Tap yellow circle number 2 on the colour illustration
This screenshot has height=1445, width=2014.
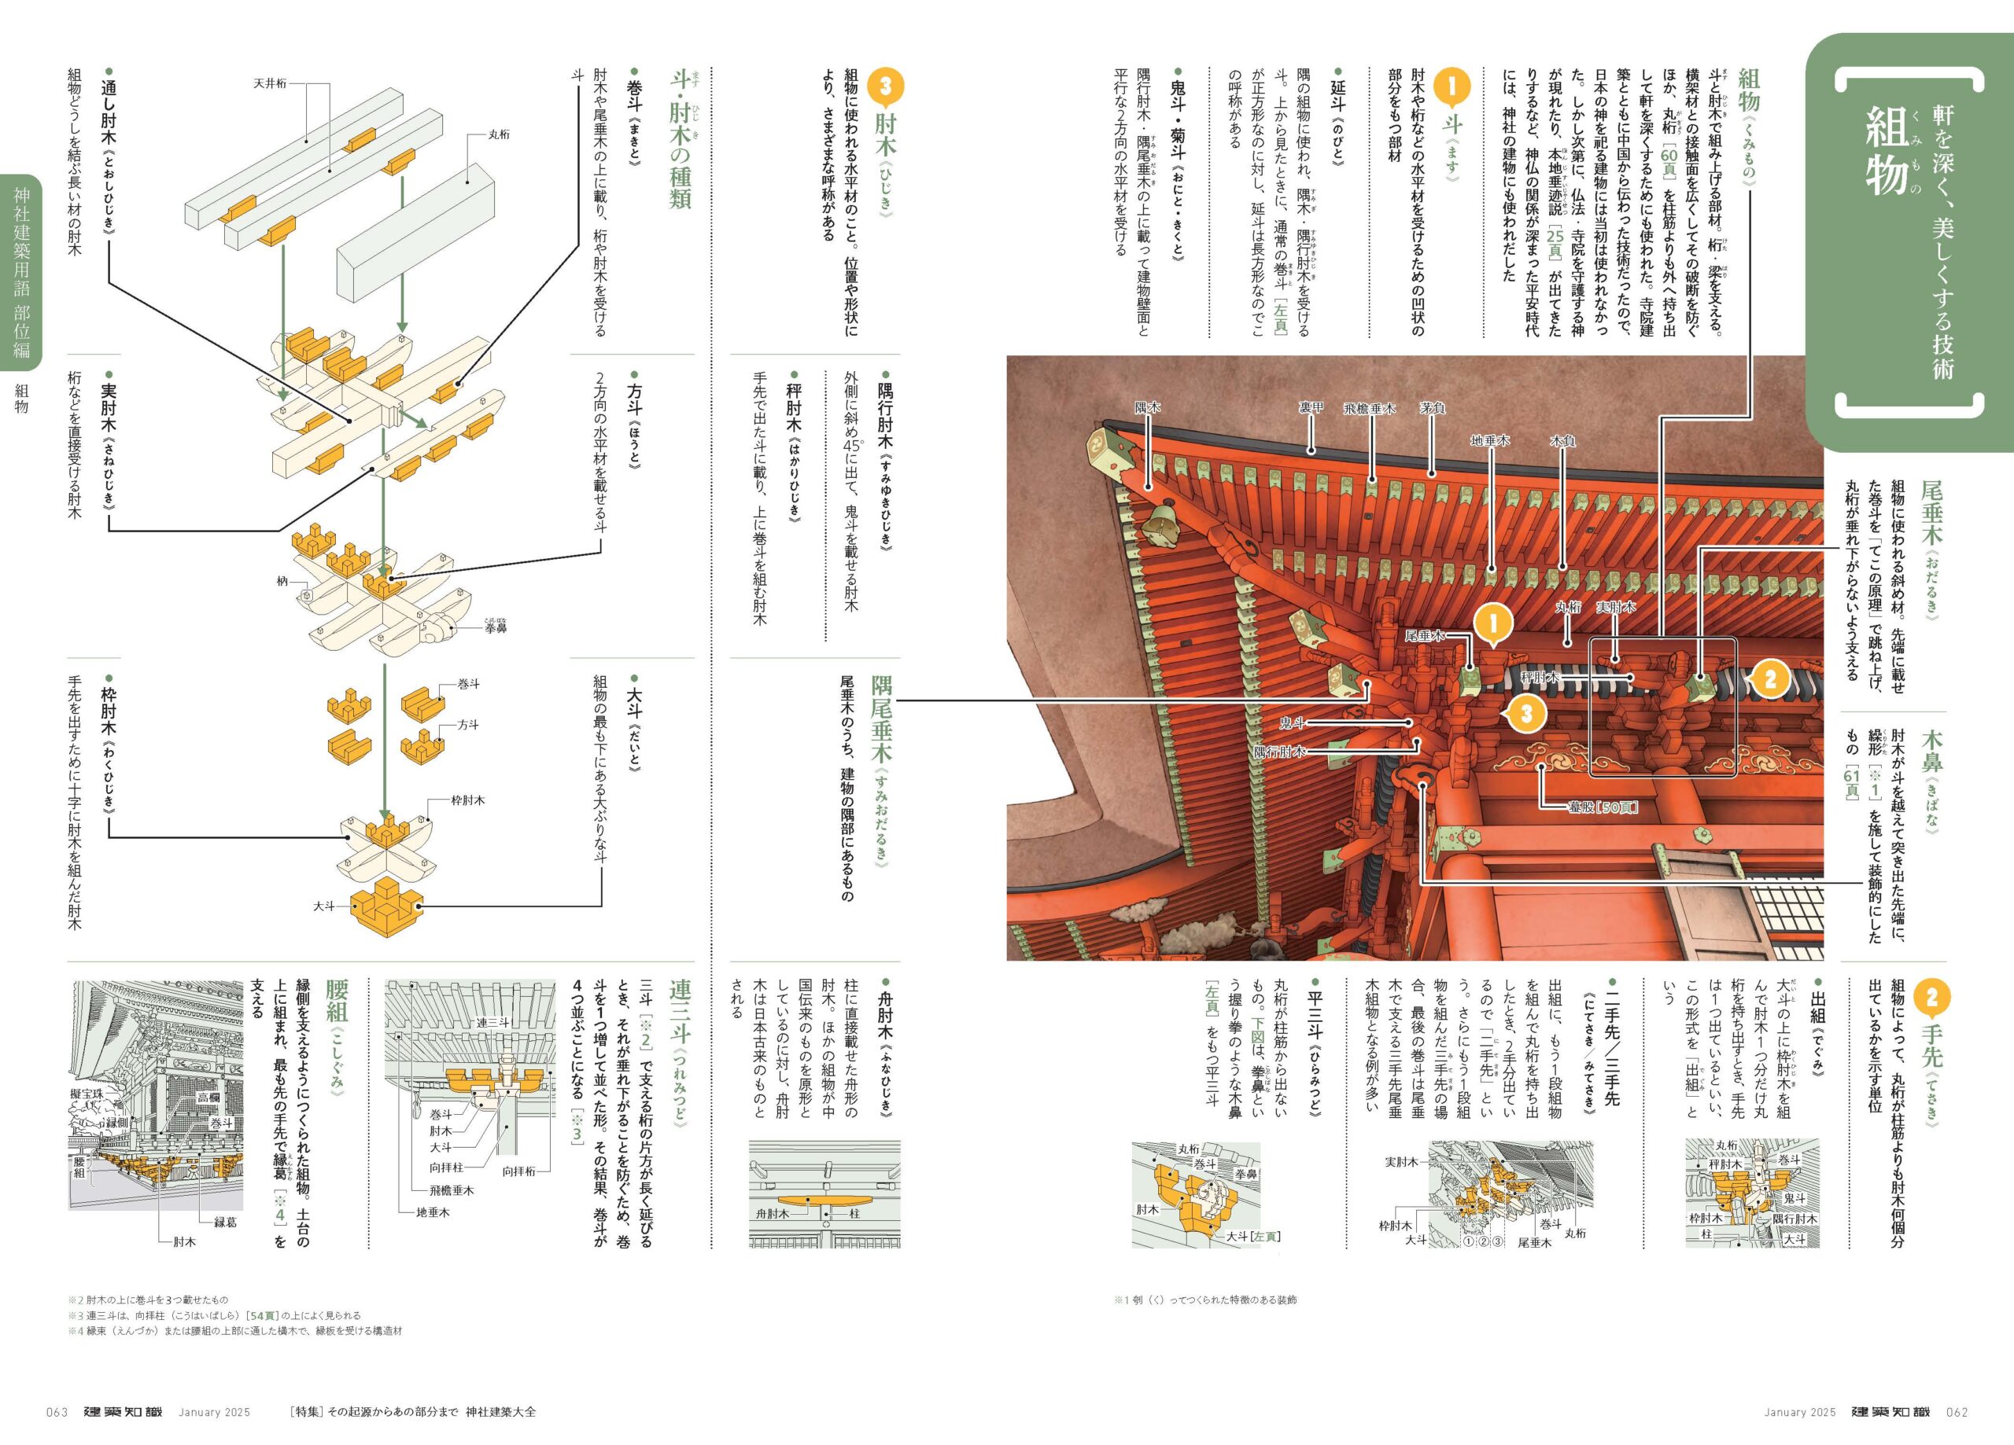[1771, 679]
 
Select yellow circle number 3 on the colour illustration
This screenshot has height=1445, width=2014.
[1526, 714]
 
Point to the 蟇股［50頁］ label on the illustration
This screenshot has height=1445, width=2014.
[1602, 807]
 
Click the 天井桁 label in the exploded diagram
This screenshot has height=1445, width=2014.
[269, 83]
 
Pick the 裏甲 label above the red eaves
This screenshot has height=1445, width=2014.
[1311, 407]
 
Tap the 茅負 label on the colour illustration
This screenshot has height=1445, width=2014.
[1433, 407]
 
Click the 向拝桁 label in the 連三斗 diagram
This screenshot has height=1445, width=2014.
[520, 1171]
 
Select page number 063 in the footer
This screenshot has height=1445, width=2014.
[57, 1412]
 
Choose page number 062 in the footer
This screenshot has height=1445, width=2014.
[1957, 1412]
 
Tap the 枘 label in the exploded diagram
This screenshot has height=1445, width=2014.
[282, 581]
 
